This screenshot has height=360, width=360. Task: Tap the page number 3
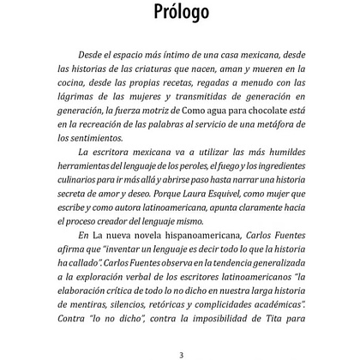pos(181,348)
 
